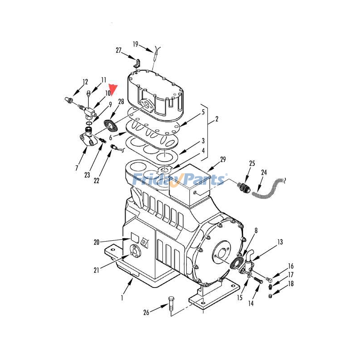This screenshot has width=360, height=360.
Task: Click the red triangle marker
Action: [114, 89]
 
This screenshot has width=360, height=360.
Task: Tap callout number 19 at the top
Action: [135, 44]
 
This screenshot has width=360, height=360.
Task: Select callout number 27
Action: [119, 50]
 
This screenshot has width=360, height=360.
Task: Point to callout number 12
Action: [85, 82]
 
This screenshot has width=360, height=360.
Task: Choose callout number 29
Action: [222, 160]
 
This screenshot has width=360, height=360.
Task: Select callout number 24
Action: [264, 172]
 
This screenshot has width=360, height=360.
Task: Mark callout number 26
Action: [146, 312]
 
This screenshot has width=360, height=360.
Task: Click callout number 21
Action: [96, 270]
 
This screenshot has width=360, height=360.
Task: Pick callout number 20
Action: [96, 242]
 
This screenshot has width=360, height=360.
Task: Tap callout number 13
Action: [280, 242]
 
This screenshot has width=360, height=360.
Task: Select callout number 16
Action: [291, 266]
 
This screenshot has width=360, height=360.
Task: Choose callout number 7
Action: [76, 168]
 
